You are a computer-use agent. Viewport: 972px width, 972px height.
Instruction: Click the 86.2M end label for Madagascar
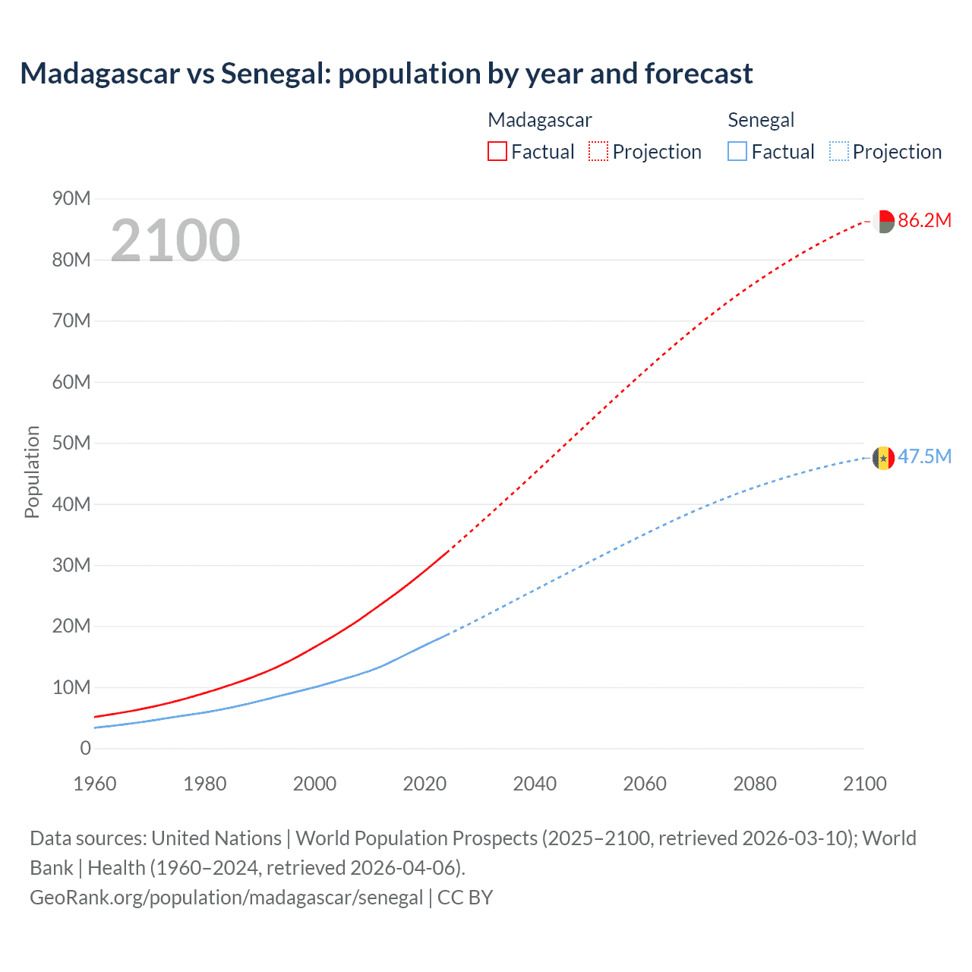pyautogui.click(x=924, y=221)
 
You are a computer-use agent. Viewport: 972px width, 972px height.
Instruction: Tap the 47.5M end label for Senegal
pyautogui.click(x=924, y=457)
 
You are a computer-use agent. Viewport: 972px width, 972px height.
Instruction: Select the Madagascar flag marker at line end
pyautogui.click(x=883, y=222)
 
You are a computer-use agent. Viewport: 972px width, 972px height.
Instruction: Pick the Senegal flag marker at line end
pyautogui.click(x=883, y=458)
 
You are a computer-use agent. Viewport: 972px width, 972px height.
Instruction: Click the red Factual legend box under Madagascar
pyautogui.click(x=497, y=152)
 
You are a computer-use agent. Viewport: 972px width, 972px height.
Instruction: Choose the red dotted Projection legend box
pyautogui.click(x=598, y=152)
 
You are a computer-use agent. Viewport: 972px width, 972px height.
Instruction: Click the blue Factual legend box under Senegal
pyautogui.click(x=737, y=152)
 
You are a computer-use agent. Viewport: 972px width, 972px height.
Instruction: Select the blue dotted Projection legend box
pyautogui.click(x=838, y=152)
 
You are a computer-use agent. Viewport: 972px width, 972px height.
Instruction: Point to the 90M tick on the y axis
pyautogui.click(x=71, y=199)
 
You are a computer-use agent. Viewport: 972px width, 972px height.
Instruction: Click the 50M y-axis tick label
pyautogui.click(x=71, y=443)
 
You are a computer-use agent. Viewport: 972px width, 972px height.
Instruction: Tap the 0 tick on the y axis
pyautogui.click(x=85, y=749)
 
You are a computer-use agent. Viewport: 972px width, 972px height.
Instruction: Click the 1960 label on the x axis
pyautogui.click(x=95, y=784)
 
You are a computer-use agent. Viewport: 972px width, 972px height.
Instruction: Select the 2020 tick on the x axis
pyautogui.click(x=424, y=784)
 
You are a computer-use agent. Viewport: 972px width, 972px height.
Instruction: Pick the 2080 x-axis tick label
pyautogui.click(x=755, y=784)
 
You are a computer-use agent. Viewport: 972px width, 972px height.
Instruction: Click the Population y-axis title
pyautogui.click(x=32, y=472)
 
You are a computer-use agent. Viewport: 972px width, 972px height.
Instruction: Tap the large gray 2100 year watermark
pyautogui.click(x=175, y=241)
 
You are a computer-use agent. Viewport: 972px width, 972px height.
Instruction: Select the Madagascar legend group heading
pyautogui.click(x=539, y=120)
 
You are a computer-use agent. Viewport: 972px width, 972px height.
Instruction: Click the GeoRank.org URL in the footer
pyautogui.click(x=226, y=898)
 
